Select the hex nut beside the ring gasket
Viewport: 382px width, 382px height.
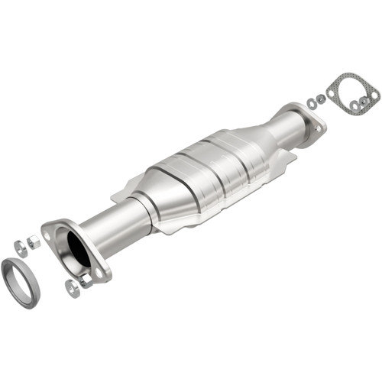tap(33, 242)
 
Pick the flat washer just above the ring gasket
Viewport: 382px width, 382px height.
tap(20, 248)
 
